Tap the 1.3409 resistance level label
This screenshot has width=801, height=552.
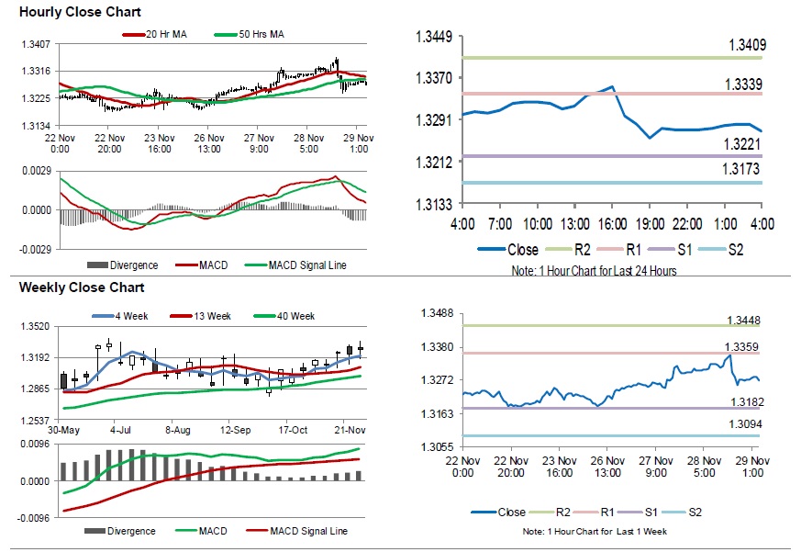(747, 44)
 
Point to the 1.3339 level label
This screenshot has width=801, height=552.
(747, 84)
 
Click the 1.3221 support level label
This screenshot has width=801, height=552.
(747, 144)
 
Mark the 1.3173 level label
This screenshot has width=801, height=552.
(747, 170)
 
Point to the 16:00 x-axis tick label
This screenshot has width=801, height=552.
(612, 224)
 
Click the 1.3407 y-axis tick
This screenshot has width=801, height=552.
(37, 44)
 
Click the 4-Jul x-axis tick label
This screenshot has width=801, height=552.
(120, 430)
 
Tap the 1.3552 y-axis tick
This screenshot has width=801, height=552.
(37, 326)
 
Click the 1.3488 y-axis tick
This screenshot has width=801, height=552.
(435, 313)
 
